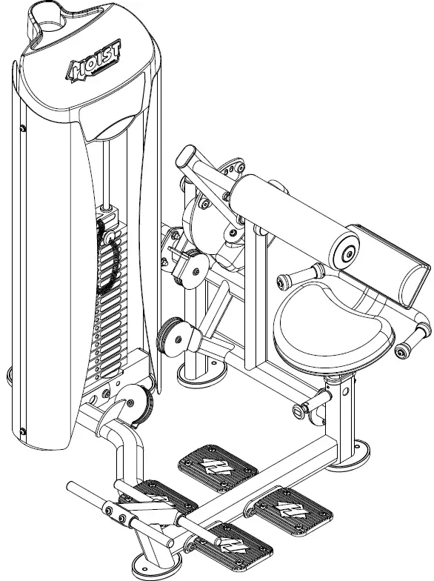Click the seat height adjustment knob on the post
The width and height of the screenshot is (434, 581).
(x=304, y=408)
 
